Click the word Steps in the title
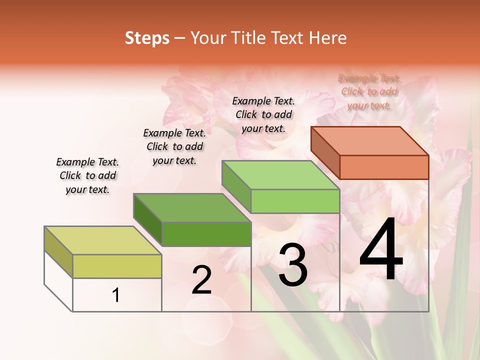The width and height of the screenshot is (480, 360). coord(147,38)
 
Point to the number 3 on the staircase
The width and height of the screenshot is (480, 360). coord(293,265)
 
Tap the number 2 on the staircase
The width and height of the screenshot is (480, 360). coord(201,280)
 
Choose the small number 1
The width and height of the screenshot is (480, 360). coord(116,295)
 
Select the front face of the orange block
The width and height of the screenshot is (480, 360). coord(384,167)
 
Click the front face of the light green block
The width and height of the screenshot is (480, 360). coord(295,201)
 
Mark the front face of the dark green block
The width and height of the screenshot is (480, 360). coord(206,234)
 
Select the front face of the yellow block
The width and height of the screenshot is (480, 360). coord(117,266)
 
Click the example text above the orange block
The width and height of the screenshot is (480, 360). coord(369,92)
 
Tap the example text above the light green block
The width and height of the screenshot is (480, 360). coord(263,114)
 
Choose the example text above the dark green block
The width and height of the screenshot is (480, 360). coord(174,146)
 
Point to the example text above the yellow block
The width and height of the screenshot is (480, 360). coord(87,175)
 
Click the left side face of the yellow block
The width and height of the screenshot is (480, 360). coord(58,252)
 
